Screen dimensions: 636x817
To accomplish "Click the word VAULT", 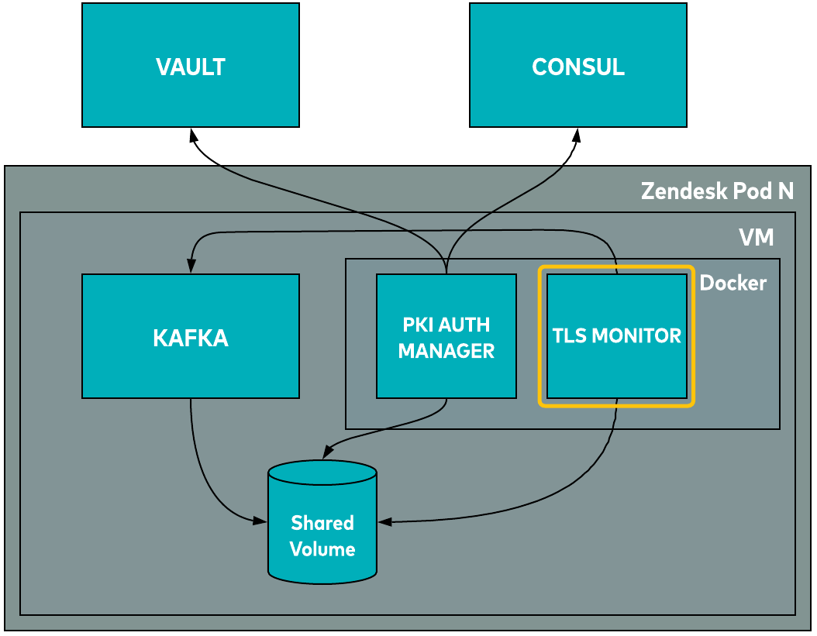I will pyautogui.click(x=191, y=67).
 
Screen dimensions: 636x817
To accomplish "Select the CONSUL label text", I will pyautogui.click(x=578, y=67).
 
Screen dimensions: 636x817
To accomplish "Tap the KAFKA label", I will pyautogui.click(x=191, y=339).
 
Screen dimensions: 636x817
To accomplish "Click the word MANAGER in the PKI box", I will pyautogui.click(x=446, y=351).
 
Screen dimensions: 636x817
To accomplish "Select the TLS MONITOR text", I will pyautogui.click(x=616, y=336).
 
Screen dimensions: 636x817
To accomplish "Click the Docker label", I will pyautogui.click(x=733, y=284).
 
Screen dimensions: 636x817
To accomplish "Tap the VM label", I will pyautogui.click(x=756, y=237).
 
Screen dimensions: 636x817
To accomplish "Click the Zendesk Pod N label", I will pyautogui.click(x=717, y=191).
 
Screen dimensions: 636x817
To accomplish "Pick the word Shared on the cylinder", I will pyautogui.click(x=322, y=523).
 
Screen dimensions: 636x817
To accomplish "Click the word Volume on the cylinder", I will pyautogui.click(x=322, y=549).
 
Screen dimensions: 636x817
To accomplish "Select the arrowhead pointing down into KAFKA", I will pyautogui.click(x=191, y=266).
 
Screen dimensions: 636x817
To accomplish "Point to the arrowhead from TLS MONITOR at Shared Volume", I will pyautogui.click(x=384, y=522).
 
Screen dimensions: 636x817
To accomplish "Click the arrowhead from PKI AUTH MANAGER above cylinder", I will pyautogui.click(x=328, y=451).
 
